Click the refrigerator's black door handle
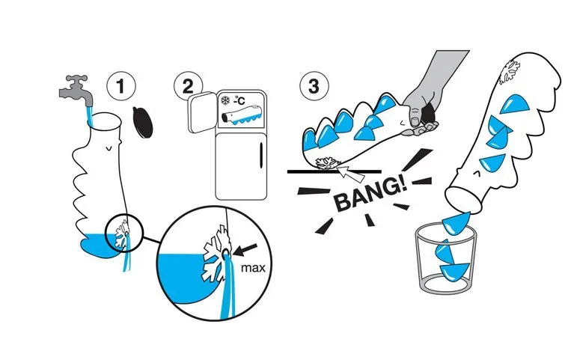(x=260, y=159)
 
